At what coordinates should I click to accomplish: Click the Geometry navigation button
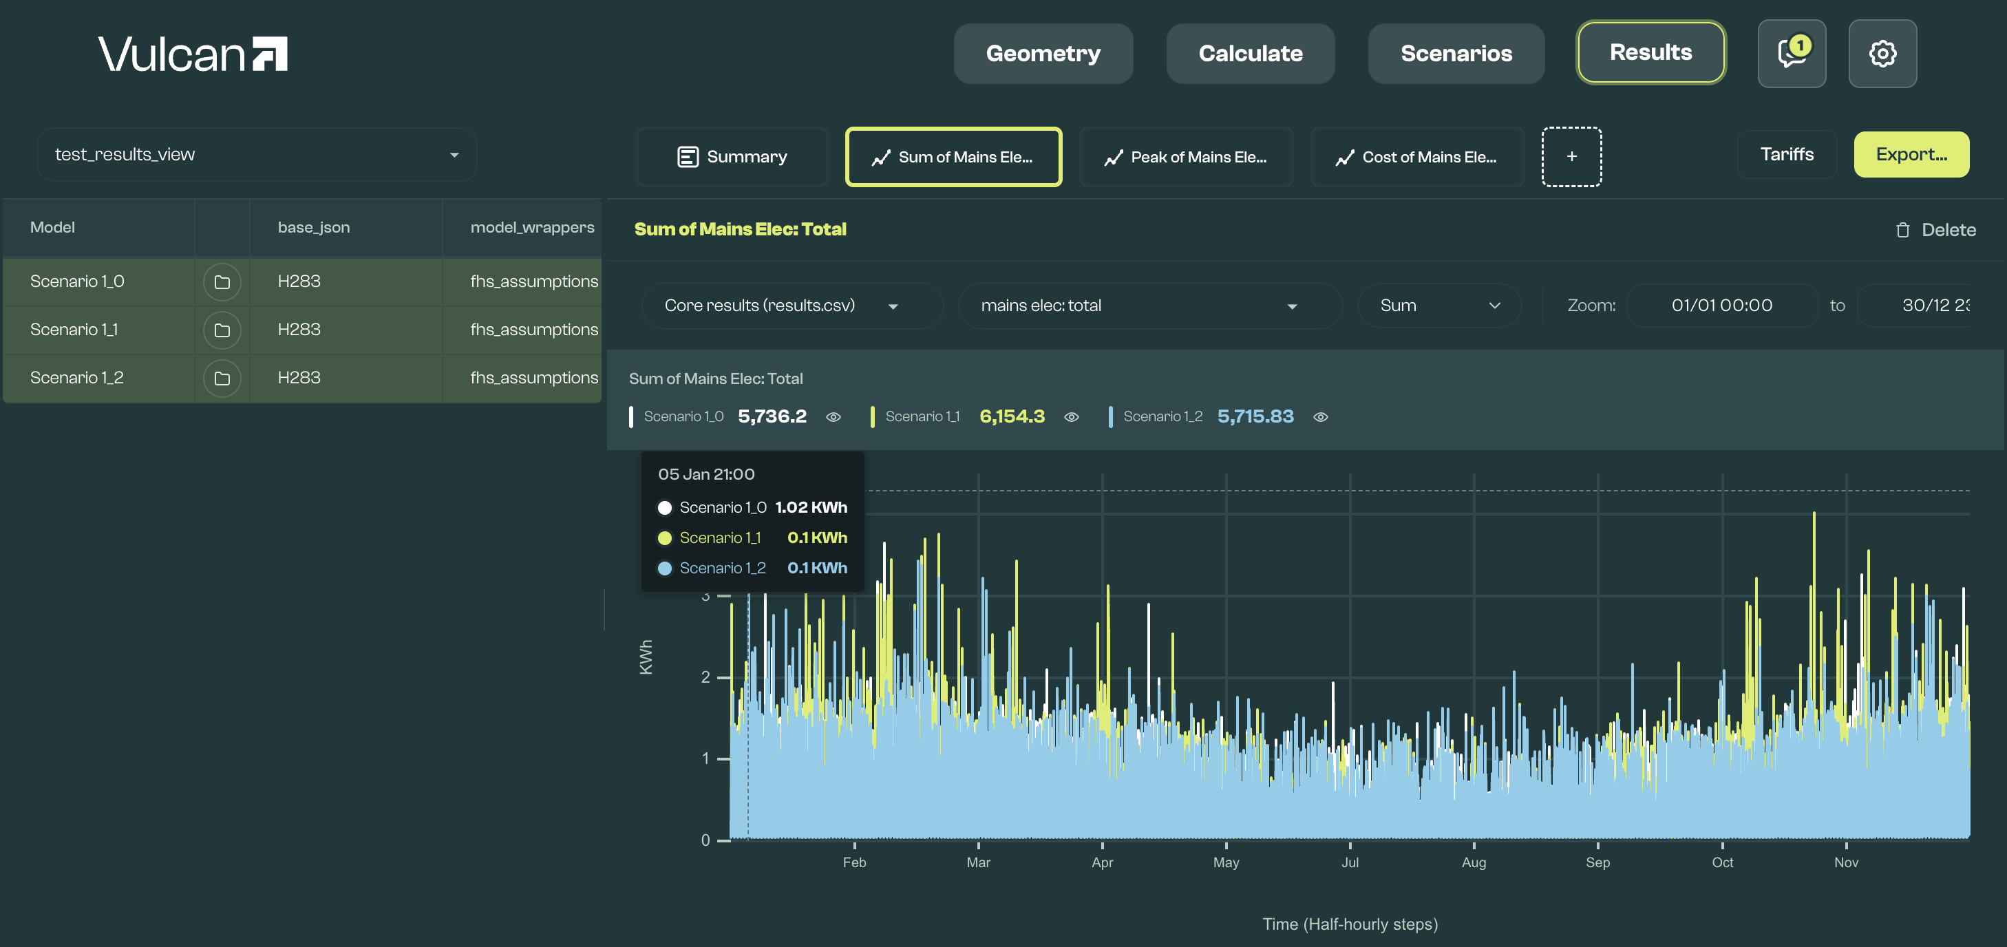(x=1043, y=53)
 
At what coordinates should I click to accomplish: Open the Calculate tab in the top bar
(x=1250, y=53)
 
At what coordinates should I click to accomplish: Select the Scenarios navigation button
(x=1456, y=53)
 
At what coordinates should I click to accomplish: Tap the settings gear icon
(x=1882, y=53)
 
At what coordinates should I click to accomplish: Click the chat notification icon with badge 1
(x=1791, y=53)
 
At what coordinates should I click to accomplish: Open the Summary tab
(x=732, y=156)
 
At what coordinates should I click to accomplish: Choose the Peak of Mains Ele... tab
(x=1186, y=156)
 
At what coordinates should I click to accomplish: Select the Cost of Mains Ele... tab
(x=1416, y=156)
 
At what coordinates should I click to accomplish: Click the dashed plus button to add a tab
(x=1571, y=156)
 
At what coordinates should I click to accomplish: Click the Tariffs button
(x=1787, y=154)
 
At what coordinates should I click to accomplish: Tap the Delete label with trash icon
(x=1935, y=230)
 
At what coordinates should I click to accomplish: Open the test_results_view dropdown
(x=257, y=154)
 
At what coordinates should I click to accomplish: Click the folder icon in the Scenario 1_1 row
(x=222, y=330)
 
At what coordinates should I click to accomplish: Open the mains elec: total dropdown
(x=1150, y=306)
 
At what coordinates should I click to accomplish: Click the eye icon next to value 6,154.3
(x=1071, y=418)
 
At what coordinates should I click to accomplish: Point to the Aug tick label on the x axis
(x=1474, y=862)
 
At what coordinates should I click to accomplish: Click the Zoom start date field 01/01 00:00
(x=1722, y=306)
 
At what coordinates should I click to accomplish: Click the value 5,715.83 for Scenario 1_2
(x=1255, y=416)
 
